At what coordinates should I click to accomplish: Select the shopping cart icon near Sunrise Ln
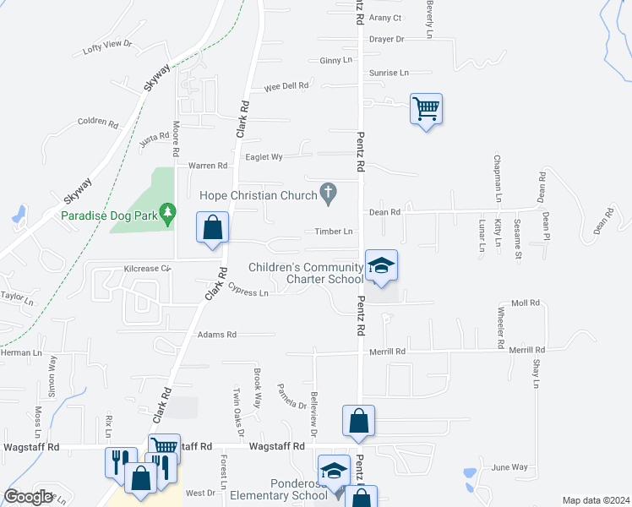point(426,108)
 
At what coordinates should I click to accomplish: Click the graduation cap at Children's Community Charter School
point(381,266)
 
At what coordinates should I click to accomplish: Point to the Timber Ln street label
point(334,231)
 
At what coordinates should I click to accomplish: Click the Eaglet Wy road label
point(263,156)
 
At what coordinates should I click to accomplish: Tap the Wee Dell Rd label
point(286,86)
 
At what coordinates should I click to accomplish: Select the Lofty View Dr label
point(108,46)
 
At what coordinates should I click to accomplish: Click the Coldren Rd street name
point(97,123)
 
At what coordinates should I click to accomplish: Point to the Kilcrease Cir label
point(147,268)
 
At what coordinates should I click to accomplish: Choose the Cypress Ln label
point(248,291)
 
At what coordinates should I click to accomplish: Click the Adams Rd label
point(217,335)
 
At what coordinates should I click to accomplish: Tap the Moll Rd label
point(525,303)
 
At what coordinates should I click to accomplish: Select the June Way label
point(509,466)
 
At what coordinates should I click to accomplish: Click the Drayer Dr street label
point(387,39)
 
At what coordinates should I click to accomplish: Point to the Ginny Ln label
point(335,61)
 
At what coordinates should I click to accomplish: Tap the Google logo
point(28,497)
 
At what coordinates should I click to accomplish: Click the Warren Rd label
point(208,166)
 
